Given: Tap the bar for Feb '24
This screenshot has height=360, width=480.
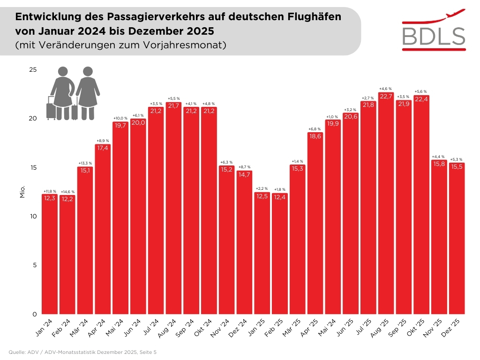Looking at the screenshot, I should pyautogui.click(x=67, y=255).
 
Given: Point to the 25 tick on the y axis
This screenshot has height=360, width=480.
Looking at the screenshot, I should pyautogui.click(x=33, y=70).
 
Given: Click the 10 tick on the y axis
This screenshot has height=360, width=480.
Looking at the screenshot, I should pyautogui.click(x=33, y=216).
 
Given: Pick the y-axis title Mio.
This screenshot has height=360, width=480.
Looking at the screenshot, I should pyautogui.click(x=22, y=192).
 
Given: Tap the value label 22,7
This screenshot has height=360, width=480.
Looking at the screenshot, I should pyautogui.click(x=386, y=97).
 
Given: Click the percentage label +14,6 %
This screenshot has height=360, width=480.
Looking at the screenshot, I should pyautogui.click(x=67, y=192).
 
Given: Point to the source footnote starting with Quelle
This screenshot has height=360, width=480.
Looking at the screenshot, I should pyautogui.click(x=82, y=351).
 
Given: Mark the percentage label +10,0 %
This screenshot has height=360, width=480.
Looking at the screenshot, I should pyautogui.click(x=120, y=118).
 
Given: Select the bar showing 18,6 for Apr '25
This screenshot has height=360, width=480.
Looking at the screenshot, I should pyautogui.click(x=315, y=225).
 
